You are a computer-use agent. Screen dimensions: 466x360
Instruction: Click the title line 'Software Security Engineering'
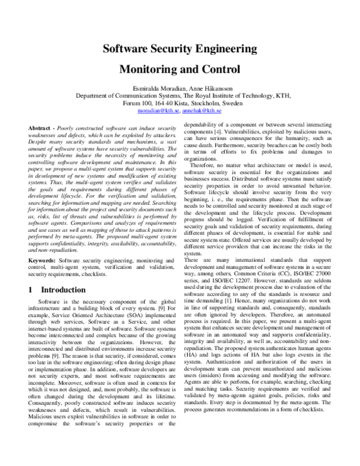(x=180, y=49)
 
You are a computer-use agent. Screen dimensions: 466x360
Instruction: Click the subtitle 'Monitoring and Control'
(x=180, y=68)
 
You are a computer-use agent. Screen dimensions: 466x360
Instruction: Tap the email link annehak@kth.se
(x=202, y=111)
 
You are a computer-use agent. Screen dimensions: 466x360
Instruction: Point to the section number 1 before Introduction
(x=31, y=289)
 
